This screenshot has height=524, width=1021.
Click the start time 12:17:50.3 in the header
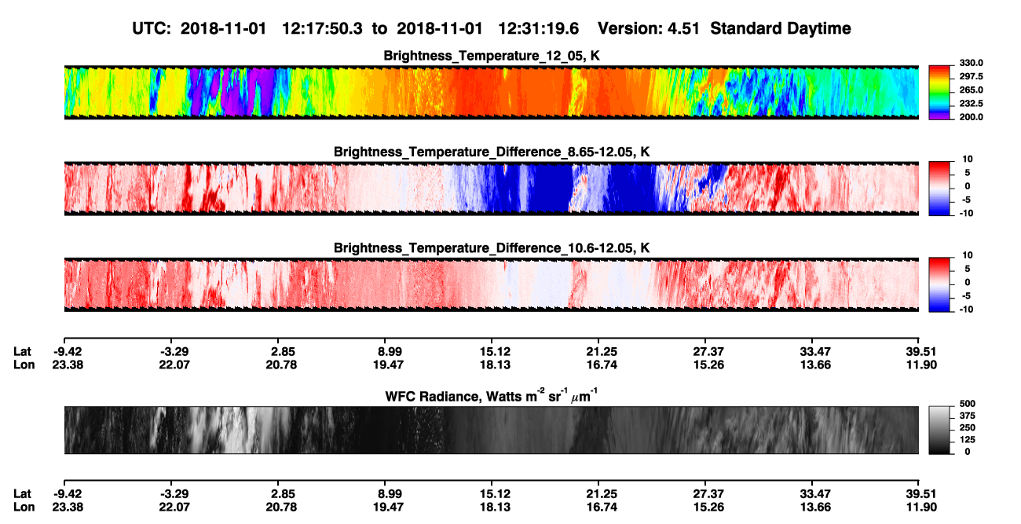tap(322, 29)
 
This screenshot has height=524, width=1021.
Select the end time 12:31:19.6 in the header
tap(538, 29)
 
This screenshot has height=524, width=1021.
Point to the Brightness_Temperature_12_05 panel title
tap(492, 56)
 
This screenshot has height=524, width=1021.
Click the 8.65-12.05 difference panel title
tap(492, 152)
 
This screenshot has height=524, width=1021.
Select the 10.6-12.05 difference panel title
tap(492, 248)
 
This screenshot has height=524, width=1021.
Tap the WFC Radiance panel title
tap(492, 396)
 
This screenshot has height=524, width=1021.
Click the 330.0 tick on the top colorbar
tap(971, 63)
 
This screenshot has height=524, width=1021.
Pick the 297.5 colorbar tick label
tap(971, 76)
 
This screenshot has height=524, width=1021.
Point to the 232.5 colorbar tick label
tap(971, 104)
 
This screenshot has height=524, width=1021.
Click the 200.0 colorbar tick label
tap(971, 117)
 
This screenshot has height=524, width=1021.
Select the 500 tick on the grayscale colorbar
tap(968, 404)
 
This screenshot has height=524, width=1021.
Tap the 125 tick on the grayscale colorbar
tap(968, 440)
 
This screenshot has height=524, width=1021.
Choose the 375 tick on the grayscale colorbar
tap(968, 416)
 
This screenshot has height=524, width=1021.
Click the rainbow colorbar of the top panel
tap(939, 93)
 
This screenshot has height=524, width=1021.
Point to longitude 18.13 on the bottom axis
tap(495, 508)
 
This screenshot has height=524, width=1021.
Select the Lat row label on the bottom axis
tap(22, 494)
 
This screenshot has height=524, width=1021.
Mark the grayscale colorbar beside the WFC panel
tap(939, 430)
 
